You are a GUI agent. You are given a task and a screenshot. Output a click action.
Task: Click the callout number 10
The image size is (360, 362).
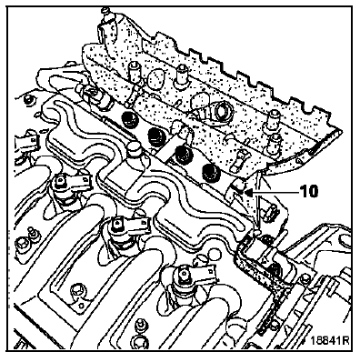click(x=309, y=191)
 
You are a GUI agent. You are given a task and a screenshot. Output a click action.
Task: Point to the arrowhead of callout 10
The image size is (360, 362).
click(x=250, y=192)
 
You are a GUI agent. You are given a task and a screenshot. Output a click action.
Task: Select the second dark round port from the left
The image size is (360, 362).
click(x=156, y=136)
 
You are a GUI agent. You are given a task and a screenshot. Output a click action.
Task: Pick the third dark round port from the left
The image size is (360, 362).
click(x=184, y=153)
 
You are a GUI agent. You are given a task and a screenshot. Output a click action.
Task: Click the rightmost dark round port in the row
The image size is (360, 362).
click(x=210, y=173)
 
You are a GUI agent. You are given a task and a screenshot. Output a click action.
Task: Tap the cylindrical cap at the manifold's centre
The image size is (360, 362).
click(x=135, y=150)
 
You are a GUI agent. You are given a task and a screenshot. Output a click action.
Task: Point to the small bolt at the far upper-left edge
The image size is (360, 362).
click(x=28, y=98)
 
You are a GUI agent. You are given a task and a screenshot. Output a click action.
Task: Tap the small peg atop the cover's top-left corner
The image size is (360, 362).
click(x=105, y=12)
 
